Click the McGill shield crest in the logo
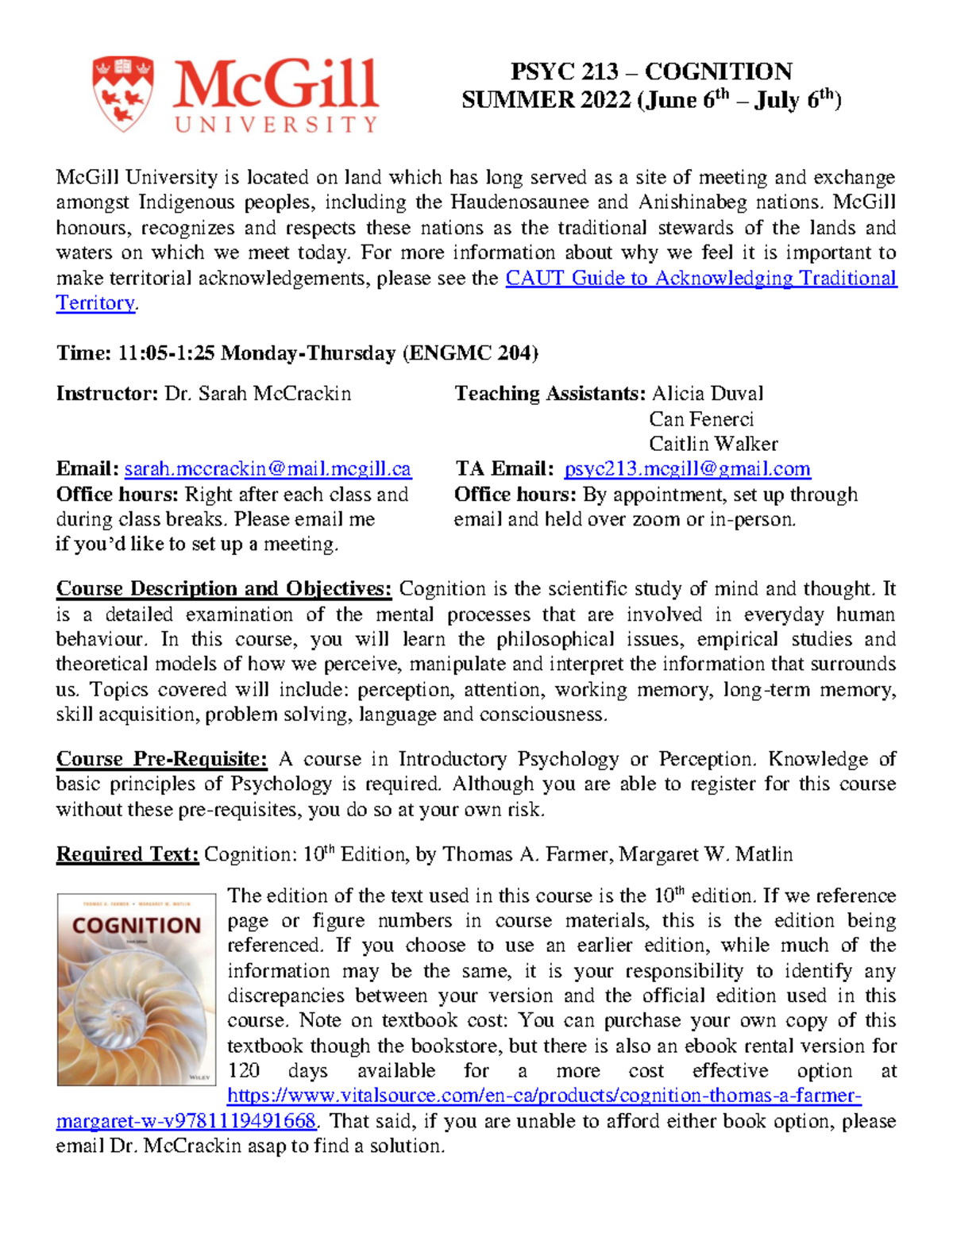coord(122,93)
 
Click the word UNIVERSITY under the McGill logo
coord(276,125)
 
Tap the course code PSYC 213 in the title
coord(564,72)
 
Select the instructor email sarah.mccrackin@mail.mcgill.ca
coord(268,469)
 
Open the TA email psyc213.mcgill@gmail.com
coord(687,469)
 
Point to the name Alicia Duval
coord(707,394)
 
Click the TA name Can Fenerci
coord(700,419)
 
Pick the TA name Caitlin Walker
coord(713,444)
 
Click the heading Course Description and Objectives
coord(224,589)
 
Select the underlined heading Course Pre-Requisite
coord(162,760)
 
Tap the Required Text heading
coord(127,855)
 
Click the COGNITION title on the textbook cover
coord(137,926)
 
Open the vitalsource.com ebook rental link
coord(543,1096)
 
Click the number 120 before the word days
coord(243,1071)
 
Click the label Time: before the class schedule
coord(83,353)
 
